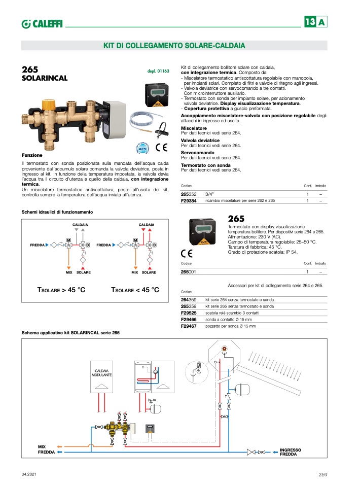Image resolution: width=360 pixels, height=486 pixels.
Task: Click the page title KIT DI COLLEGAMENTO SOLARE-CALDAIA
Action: (174, 46)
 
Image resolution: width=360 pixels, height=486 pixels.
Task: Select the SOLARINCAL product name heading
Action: (45, 79)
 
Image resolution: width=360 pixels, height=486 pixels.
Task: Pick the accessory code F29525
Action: (190, 314)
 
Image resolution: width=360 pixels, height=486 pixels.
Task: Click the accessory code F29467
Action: (190, 327)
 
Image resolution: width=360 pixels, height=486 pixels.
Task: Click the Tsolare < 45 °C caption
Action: (135, 290)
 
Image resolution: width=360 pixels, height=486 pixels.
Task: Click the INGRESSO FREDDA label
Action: (291, 452)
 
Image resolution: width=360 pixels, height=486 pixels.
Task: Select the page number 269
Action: (323, 474)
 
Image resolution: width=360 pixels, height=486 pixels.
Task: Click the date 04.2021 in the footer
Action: (28, 474)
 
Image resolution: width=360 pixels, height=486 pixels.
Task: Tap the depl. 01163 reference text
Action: (158, 72)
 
